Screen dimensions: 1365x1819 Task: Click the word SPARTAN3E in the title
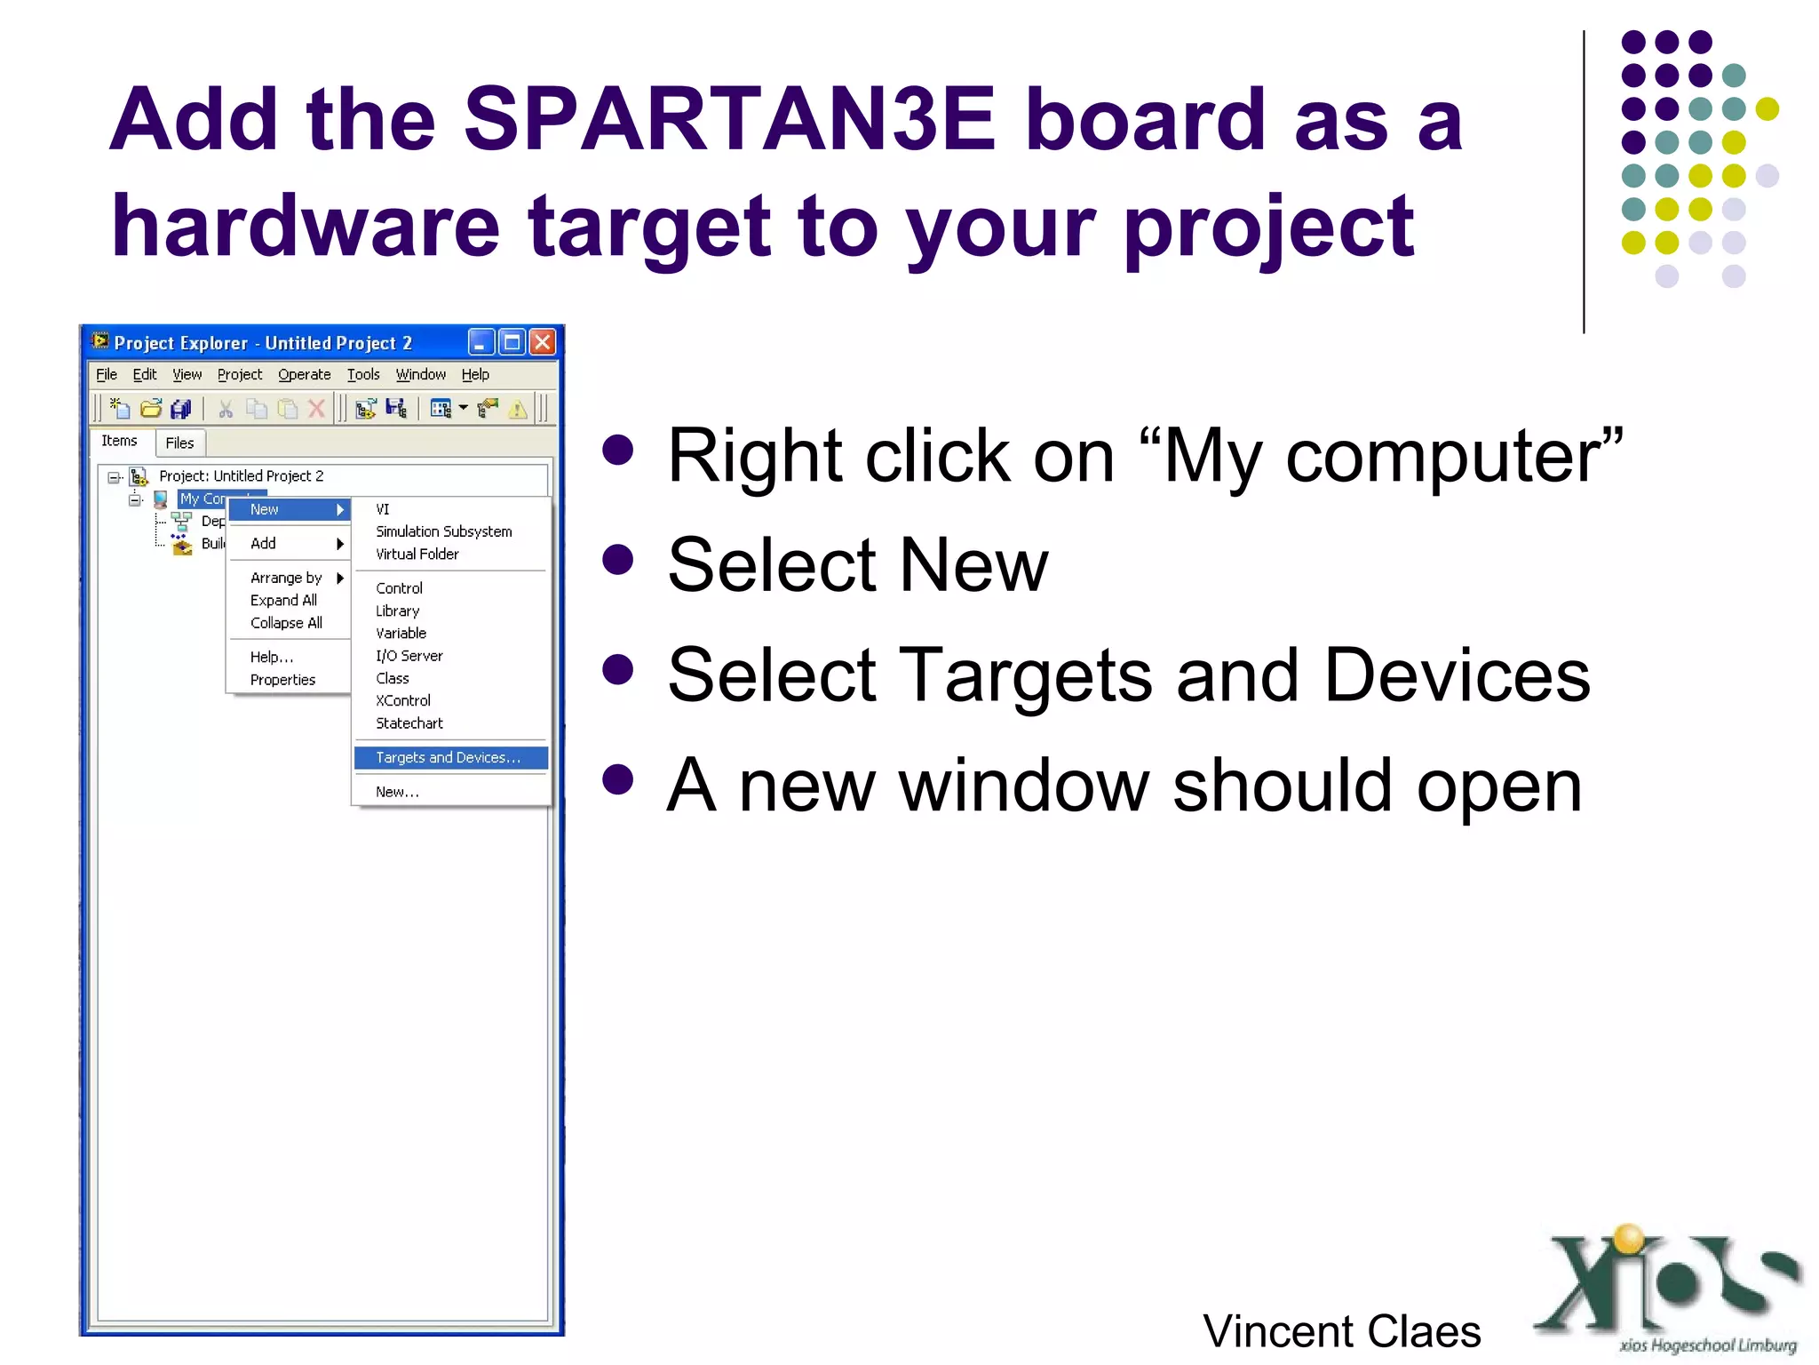[728, 120]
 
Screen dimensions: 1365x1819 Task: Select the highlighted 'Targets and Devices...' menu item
[449, 757]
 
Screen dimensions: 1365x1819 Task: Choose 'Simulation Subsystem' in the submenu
[443, 531]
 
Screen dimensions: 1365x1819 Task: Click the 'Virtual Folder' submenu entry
[417, 554]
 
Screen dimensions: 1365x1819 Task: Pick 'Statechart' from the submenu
[409, 723]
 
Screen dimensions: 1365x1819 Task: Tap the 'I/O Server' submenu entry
[409, 656]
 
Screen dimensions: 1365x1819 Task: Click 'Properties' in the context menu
[282, 680]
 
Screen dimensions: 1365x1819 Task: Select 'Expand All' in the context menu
[283, 600]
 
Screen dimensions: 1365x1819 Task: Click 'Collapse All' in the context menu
[286, 623]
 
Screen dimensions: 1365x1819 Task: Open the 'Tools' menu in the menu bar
[362, 375]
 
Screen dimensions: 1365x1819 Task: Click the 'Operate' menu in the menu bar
[304, 375]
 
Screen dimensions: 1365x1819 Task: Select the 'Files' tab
[179, 443]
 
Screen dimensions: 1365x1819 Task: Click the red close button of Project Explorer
[543, 342]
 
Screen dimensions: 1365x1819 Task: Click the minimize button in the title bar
[481, 342]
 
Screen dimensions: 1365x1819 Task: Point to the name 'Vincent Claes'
[1341, 1331]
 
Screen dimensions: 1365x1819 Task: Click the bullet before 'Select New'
[617, 560]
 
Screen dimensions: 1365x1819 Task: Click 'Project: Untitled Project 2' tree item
[241, 476]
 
